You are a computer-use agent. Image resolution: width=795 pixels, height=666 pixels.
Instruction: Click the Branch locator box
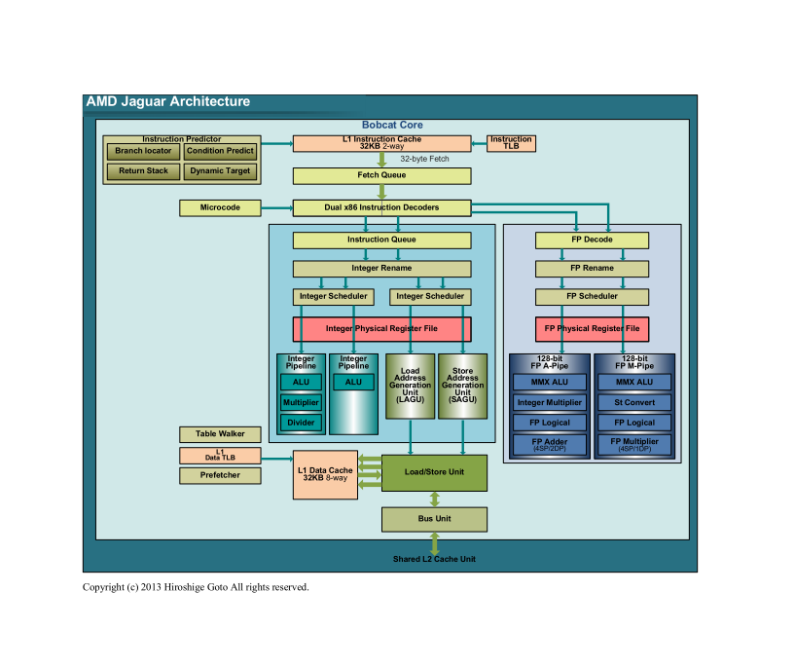(143, 151)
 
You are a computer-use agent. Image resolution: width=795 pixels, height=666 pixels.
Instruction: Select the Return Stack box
(143, 171)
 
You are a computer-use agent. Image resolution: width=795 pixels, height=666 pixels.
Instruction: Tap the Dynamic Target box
(220, 171)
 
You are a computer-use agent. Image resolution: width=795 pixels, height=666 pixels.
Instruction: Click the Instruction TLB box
(511, 143)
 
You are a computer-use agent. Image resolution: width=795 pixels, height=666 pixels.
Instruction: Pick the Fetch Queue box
(381, 175)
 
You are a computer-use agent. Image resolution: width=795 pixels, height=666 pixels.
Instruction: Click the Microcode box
(220, 207)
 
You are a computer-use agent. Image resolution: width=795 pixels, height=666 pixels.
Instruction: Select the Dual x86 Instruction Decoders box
(381, 207)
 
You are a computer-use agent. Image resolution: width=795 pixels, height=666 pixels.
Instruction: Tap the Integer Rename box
(381, 269)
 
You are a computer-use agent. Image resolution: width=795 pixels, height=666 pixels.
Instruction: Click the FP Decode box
(592, 240)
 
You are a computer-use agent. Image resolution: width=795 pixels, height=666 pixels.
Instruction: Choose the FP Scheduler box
(592, 296)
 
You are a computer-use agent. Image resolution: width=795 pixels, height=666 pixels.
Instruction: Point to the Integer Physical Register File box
(381, 329)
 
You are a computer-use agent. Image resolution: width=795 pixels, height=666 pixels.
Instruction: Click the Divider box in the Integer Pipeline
(301, 423)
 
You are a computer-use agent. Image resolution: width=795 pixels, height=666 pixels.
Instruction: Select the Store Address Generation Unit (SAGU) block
(462, 387)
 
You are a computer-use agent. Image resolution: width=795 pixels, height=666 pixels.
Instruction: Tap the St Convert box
(634, 402)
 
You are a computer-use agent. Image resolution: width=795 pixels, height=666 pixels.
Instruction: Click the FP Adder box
(550, 444)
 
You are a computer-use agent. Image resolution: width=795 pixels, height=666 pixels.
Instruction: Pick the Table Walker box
(220, 434)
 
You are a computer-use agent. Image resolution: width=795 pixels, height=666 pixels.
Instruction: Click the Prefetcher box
(220, 475)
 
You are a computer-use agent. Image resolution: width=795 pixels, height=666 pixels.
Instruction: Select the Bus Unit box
(434, 519)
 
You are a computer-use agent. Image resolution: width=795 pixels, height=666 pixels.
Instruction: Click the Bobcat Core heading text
(392, 126)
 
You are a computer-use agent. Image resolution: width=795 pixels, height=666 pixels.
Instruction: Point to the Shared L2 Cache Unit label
(434, 560)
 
